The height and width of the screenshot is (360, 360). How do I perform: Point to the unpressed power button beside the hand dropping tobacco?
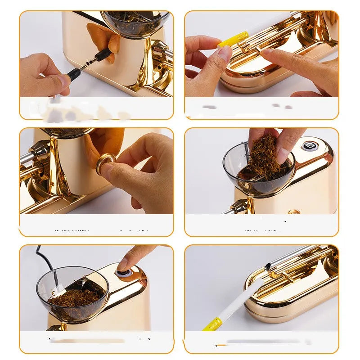tap(308, 146)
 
